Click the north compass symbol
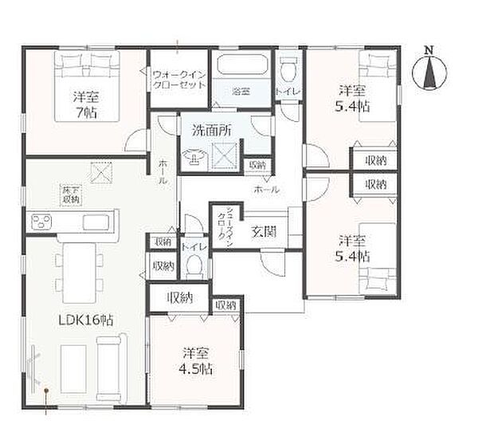point(429,73)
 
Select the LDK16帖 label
point(85,319)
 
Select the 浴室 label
point(241,92)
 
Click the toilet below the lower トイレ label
point(194,268)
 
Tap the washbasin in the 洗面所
point(194,160)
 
